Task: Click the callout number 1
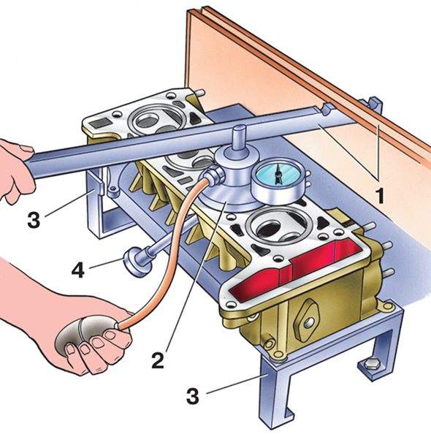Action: pos(379,195)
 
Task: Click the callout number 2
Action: pos(158,360)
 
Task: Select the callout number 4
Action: pos(78,269)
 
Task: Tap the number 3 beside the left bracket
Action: pos(34,219)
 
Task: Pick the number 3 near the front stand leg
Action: pos(193,396)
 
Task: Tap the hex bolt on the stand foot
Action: pos(371,364)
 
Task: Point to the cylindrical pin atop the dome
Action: pos(240,138)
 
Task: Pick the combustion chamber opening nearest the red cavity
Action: pos(278,225)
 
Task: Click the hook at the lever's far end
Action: pos(328,109)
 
